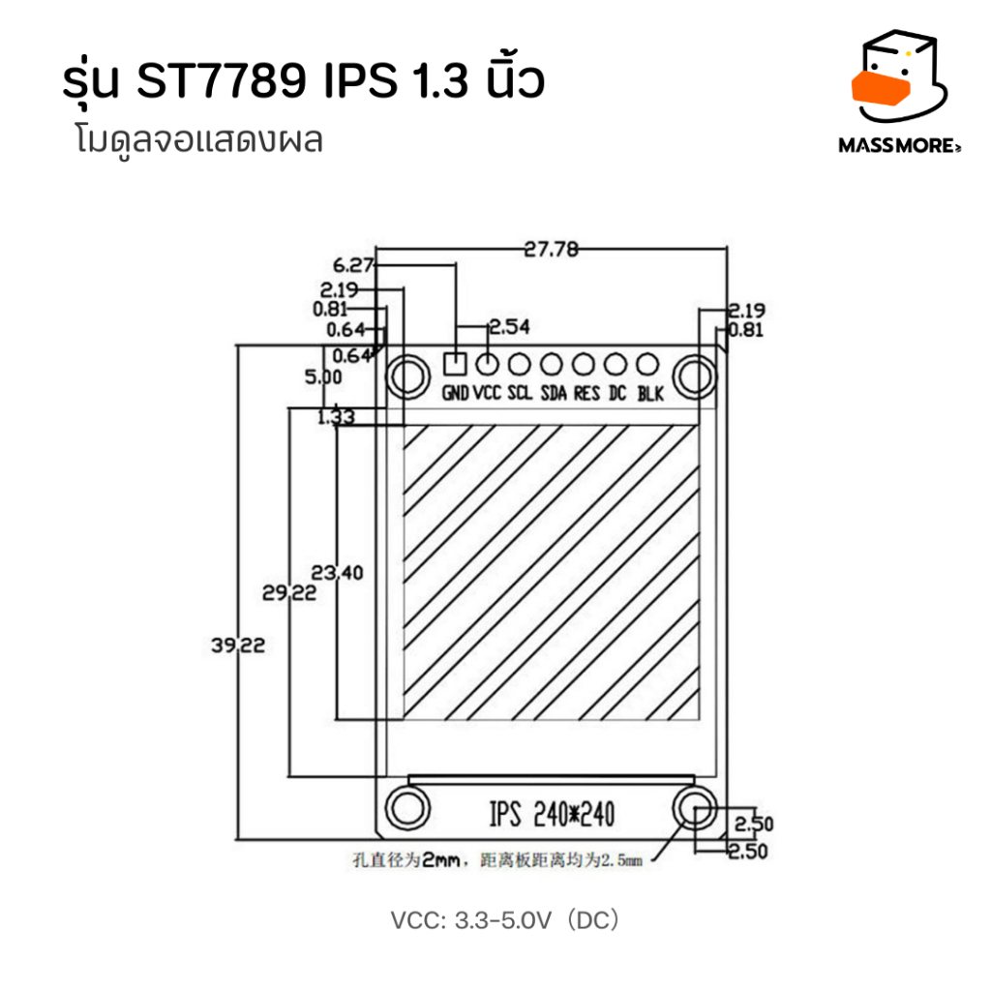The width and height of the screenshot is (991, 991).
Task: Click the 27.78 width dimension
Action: point(551,249)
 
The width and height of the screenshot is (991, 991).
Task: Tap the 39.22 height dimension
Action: point(238,646)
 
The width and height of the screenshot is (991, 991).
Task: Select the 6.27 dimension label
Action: point(354,265)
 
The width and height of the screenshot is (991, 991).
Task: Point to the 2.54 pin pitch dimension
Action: point(509,327)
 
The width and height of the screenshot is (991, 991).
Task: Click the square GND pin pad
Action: point(455,364)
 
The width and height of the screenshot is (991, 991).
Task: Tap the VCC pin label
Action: point(487,393)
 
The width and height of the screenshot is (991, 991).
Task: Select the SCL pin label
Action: point(520,393)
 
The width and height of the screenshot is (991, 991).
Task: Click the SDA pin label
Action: point(554,393)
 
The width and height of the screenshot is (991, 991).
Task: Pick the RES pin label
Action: point(586,393)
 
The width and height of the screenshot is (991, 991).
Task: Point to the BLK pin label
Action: point(650,394)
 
